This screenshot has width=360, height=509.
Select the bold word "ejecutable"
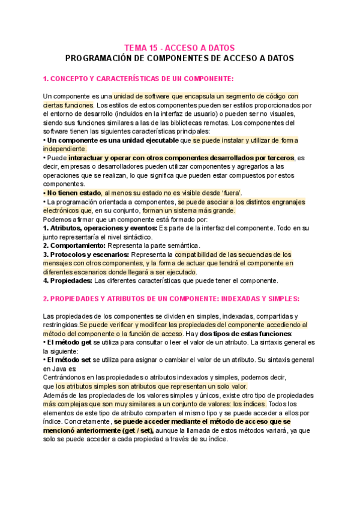point(157,140)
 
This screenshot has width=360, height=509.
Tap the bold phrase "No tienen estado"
point(74,192)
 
